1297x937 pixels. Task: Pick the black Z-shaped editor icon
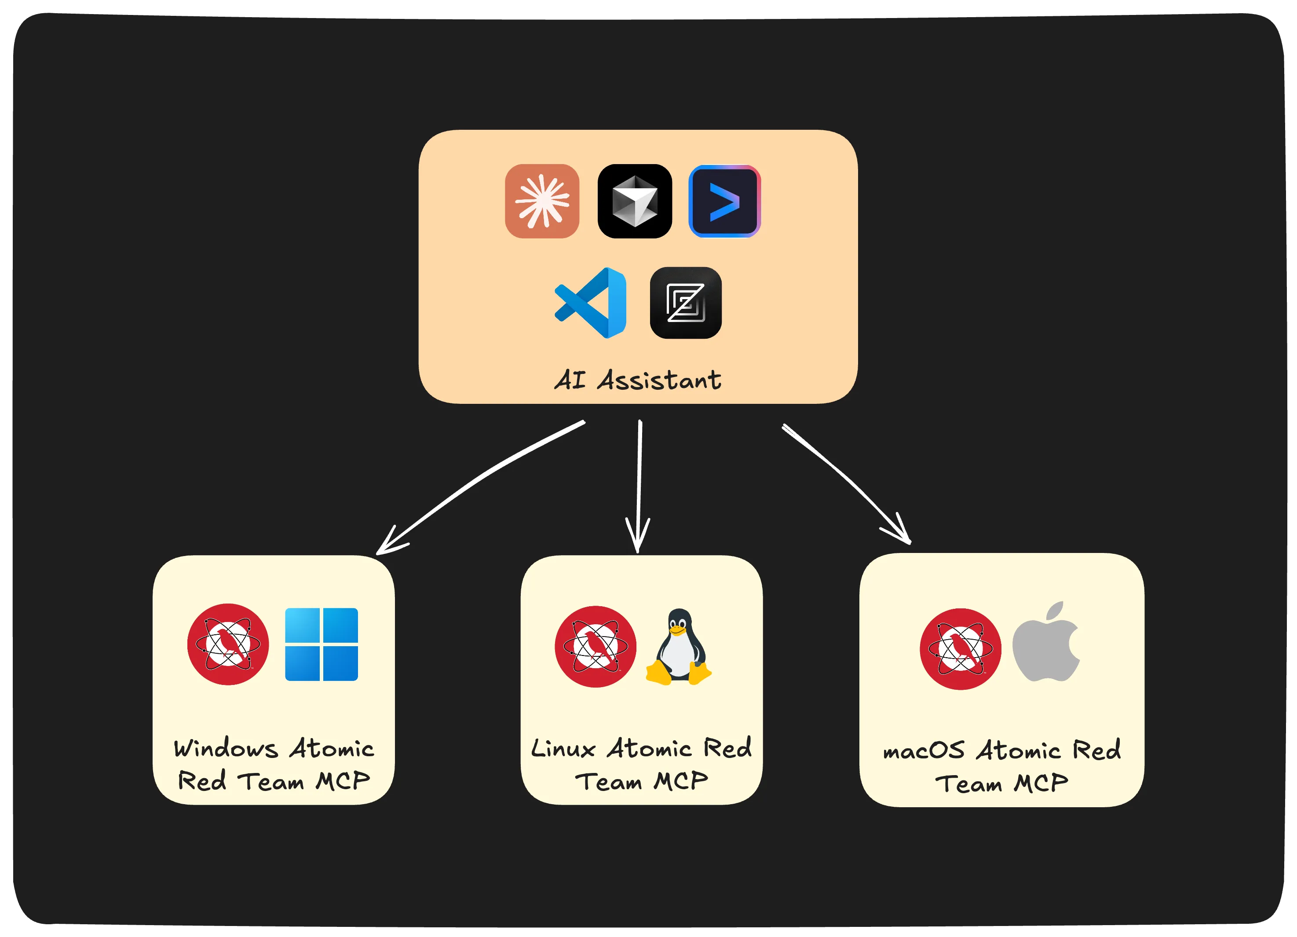click(686, 303)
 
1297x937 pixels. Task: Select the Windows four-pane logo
click(322, 644)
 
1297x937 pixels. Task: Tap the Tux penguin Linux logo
click(679, 647)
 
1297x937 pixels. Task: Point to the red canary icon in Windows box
click(228, 644)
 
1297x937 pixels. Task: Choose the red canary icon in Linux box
click(596, 646)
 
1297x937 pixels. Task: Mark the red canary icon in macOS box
click(960, 649)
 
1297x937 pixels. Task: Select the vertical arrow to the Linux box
click(639, 486)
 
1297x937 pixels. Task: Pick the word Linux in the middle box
click(563, 749)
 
